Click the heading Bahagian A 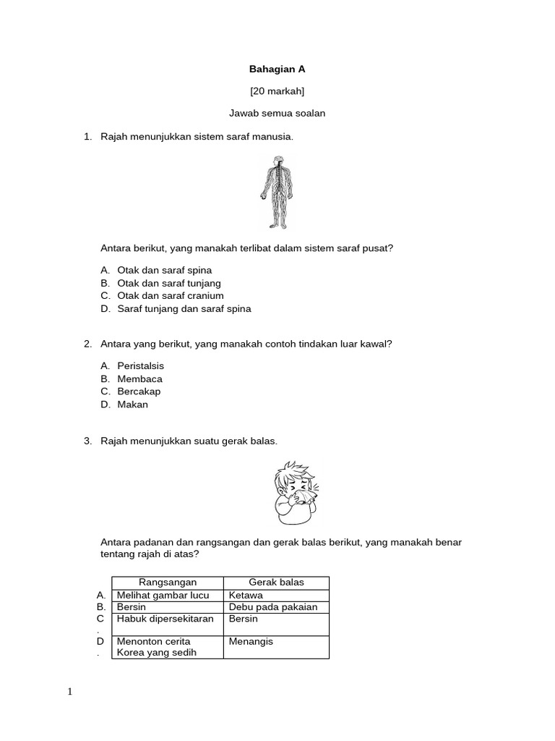(x=277, y=69)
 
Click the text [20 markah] (x=277, y=91)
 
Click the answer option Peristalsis (x=140, y=366)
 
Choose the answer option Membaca (x=139, y=379)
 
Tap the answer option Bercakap (x=139, y=391)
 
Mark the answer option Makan (x=132, y=405)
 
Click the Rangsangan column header (x=167, y=583)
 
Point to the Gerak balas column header (x=276, y=583)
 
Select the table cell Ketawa (x=246, y=596)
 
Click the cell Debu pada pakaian (x=272, y=607)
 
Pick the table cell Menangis (x=251, y=642)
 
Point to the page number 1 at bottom (x=70, y=693)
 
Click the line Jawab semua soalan (x=277, y=114)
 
